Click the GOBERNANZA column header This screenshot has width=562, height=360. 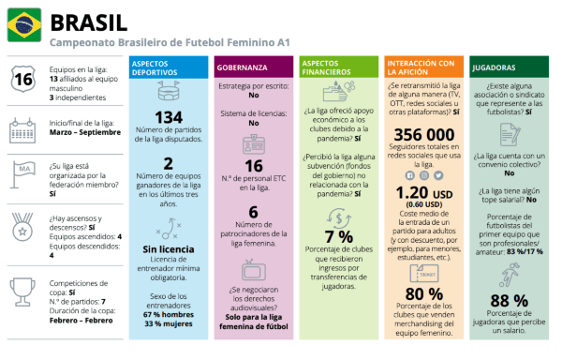(244, 68)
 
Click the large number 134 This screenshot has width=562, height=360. (169, 117)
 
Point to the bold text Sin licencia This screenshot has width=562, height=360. (169, 249)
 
